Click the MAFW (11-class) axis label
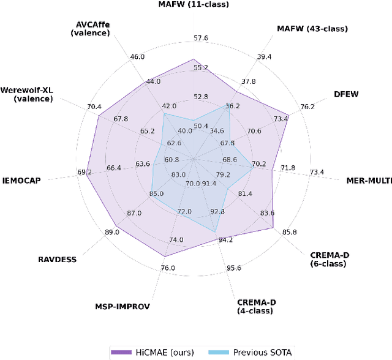pyautogui.click(x=194, y=4)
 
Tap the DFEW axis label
pyautogui.click(x=346, y=94)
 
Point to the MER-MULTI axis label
pyautogui.click(x=369, y=181)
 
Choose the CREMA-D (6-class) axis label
pyautogui.click(x=328, y=259)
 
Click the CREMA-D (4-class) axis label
pyautogui.click(x=255, y=306)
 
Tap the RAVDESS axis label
pyautogui.click(x=57, y=259)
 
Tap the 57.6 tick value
pyautogui.click(x=201, y=38)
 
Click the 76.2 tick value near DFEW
pyautogui.click(x=307, y=107)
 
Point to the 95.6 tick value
pyautogui.click(x=234, y=268)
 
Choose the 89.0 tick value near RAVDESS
pyautogui.click(x=112, y=232)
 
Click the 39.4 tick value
pyautogui.click(x=265, y=57)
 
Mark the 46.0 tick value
pyautogui.click(x=138, y=57)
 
